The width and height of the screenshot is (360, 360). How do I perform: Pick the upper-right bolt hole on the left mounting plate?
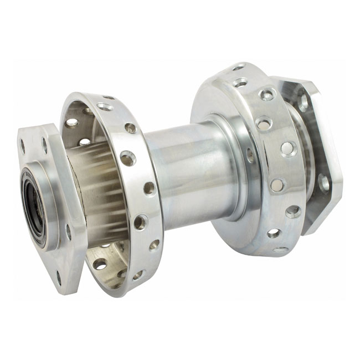pos(44,146)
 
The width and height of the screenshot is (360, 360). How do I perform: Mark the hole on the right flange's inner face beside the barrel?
pos(250,155)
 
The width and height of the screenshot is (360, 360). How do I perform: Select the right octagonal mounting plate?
pos(313,155)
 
